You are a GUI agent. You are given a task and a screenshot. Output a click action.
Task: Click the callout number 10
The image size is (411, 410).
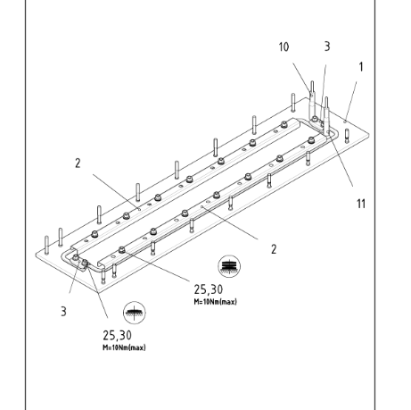coord(284,47)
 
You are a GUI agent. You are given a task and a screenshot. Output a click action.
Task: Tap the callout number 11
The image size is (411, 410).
coord(361,204)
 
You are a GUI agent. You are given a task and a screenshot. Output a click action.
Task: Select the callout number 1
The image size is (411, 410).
coord(361,67)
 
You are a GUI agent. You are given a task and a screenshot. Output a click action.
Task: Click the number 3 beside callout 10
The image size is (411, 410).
coord(327,46)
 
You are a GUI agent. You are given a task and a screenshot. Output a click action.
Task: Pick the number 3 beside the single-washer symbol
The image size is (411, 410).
coord(63,312)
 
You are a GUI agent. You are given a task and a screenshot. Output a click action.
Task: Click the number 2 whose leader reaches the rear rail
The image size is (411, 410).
coord(78,163)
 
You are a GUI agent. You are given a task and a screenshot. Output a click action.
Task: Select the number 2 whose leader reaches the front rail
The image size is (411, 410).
coord(274,249)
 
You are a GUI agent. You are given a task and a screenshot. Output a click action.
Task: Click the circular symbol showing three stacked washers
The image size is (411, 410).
coord(229,266)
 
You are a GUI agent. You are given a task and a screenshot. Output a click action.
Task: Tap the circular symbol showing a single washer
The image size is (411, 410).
coord(135,313)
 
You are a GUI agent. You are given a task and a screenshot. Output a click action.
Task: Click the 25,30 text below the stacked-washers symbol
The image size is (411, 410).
coord(209,289)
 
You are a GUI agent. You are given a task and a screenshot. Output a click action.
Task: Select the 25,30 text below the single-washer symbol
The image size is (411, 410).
coord(117,336)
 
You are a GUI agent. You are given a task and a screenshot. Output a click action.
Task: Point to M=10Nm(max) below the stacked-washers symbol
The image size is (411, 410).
coord(216,302)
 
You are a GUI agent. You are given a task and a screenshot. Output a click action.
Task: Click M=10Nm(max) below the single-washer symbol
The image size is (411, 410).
coord(124,347)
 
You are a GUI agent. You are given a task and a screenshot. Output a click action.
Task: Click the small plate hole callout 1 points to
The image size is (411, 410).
coord(345,121)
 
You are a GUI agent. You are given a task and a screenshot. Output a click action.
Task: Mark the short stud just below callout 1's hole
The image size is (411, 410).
coord(347,136)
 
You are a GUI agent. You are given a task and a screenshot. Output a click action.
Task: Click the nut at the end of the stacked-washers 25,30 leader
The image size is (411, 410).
coord(121,249)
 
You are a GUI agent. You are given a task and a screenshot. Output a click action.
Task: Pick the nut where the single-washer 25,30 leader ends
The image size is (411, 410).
coord(85,263)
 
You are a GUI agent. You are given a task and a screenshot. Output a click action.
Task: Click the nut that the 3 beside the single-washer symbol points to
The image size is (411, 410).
coord(76,257)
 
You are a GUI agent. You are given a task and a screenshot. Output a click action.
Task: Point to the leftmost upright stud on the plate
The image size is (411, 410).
coord(46,245)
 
